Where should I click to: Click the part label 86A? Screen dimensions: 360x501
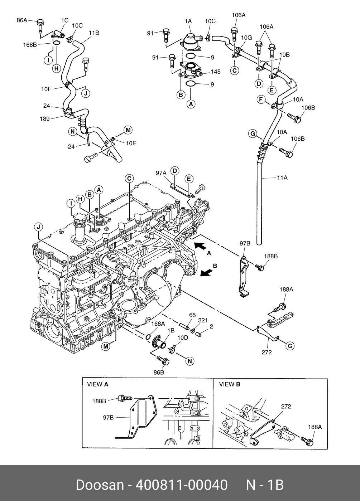click(x=22, y=20)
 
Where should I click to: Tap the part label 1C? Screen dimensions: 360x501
click(x=65, y=20)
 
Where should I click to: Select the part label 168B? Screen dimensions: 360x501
click(x=30, y=45)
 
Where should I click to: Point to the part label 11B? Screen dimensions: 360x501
click(x=94, y=33)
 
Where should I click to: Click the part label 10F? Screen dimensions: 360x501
click(x=46, y=89)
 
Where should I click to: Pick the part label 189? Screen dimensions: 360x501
click(x=45, y=119)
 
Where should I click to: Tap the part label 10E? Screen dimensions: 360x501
click(x=131, y=143)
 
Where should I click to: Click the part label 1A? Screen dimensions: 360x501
click(x=188, y=21)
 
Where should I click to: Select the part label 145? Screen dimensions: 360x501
click(x=216, y=72)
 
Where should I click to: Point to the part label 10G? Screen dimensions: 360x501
click(x=246, y=38)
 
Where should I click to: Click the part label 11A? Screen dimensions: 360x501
click(x=282, y=177)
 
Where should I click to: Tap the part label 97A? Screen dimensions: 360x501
click(x=161, y=173)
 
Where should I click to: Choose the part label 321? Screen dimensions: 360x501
click(x=203, y=320)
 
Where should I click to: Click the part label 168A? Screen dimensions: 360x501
click(x=158, y=324)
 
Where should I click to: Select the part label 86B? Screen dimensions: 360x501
click(x=159, y=373)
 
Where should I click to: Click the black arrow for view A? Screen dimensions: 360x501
click(x=200, y=246)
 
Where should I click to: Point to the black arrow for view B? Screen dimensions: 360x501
click(x=206, y=273)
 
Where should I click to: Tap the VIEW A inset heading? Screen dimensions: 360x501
click(x=97, y=384)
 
